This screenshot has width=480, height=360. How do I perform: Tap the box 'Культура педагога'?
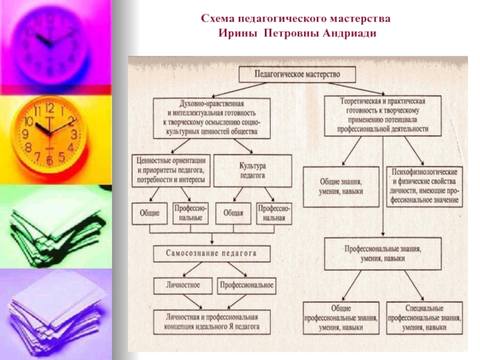252,169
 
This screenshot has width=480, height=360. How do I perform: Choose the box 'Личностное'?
183,284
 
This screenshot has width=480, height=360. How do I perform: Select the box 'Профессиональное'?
246,284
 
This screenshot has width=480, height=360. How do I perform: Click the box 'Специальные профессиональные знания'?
424,319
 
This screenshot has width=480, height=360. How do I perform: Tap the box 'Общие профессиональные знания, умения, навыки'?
341,319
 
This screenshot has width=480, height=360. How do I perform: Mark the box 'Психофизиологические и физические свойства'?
424,185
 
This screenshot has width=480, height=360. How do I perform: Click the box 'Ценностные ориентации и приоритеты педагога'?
171,169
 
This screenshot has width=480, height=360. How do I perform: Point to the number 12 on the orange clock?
49,109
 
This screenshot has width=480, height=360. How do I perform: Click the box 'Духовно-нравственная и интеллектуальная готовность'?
212,117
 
